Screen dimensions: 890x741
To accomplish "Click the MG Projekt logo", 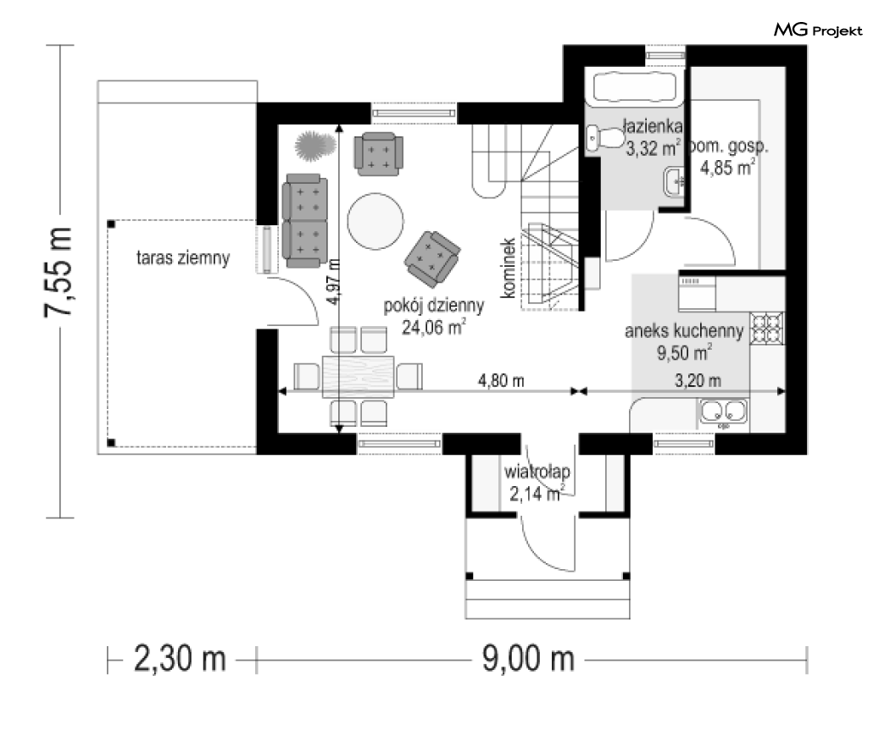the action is point(818,30).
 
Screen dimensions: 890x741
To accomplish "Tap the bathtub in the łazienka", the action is point(635,87).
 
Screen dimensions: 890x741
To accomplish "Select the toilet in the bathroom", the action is point(604,138).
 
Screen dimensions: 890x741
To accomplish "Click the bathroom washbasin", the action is point(674,182).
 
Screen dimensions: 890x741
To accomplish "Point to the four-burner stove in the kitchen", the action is point(767,329).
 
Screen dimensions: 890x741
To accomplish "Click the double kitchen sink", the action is point(722,412).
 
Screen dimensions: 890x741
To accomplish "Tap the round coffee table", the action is point(375,221).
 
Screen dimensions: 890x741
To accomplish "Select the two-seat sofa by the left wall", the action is point(305,220).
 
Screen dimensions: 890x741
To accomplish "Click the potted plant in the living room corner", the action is point(315,145).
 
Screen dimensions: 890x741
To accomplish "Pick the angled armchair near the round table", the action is point(432,258).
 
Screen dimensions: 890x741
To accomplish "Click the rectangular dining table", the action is point(359,377).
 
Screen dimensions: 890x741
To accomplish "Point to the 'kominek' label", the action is point(508,268).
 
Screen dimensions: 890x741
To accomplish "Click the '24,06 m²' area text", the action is point(434,327).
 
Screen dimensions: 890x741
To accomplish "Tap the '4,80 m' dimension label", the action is point(501,380).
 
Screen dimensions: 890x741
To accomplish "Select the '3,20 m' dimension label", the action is point(698,380).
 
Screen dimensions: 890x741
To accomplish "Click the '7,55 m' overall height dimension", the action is point(58,272).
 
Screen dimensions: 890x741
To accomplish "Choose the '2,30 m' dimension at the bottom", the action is point(180,659).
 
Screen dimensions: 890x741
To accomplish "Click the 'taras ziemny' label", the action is point(183,258).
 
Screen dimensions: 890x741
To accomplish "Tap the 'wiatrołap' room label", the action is point(537,472).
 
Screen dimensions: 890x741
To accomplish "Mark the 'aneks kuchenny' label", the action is point(684,330).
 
